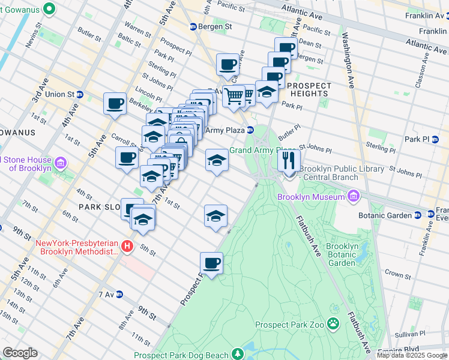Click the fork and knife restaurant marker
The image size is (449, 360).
(289, 160)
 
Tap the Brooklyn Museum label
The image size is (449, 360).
(310, 197)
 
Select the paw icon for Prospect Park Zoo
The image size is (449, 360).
(333, 325)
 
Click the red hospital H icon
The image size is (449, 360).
(127, 246)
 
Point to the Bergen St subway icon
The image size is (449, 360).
(193, 27)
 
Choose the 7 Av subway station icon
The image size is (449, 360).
(119, 295)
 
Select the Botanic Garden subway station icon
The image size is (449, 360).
(431, 214)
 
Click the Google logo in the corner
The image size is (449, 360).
(20, 353)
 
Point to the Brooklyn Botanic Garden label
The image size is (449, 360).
(343, 254)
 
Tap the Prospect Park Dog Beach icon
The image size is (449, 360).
(238, 355)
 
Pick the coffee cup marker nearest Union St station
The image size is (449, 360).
(115, 103)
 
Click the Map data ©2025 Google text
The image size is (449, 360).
(412, 355)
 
